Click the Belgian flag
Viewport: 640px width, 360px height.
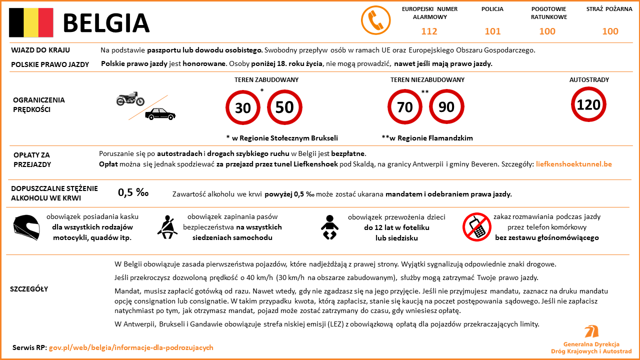pos(31,23)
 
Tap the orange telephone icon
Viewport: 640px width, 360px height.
pos(375,21)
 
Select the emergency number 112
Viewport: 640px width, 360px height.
pos(429,31)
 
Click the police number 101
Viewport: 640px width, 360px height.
pos(492,31)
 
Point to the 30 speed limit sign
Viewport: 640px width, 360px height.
pos(243,107)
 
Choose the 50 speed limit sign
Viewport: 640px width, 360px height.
pos(284,107)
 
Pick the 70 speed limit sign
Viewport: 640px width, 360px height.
pos(405,107)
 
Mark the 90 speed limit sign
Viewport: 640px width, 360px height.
pos(446,107)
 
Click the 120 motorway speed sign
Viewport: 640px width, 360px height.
pos(588,104)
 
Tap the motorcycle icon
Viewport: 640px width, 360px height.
pos(130,99)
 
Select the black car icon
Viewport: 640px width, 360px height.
pos(160,114)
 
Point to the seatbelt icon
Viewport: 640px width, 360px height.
pos(167,226)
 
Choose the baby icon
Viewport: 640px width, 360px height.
pos(329,227)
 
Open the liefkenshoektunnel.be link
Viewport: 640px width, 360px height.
pos(573,164)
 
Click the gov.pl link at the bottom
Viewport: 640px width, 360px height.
pos(131,347)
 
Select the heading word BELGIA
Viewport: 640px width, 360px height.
pos(106,23)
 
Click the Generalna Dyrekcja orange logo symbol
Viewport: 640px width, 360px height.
pos(591,331)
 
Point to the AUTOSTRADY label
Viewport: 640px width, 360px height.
pos(589,79)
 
